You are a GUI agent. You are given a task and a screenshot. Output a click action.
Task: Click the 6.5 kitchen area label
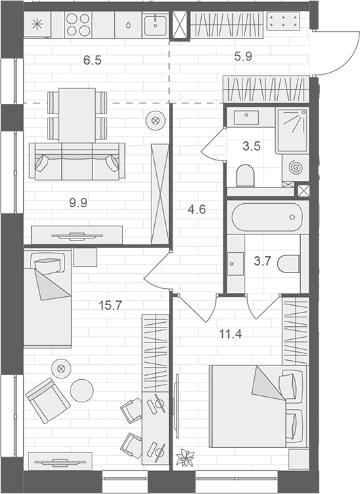[92, 60]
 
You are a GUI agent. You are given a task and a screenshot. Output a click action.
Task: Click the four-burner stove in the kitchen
[78, 25]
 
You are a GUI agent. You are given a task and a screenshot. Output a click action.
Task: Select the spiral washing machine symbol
[298, 166]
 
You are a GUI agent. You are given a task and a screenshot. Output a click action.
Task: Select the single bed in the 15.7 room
[47, 298]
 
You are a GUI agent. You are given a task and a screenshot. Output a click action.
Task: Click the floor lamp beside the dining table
[156, 121]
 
